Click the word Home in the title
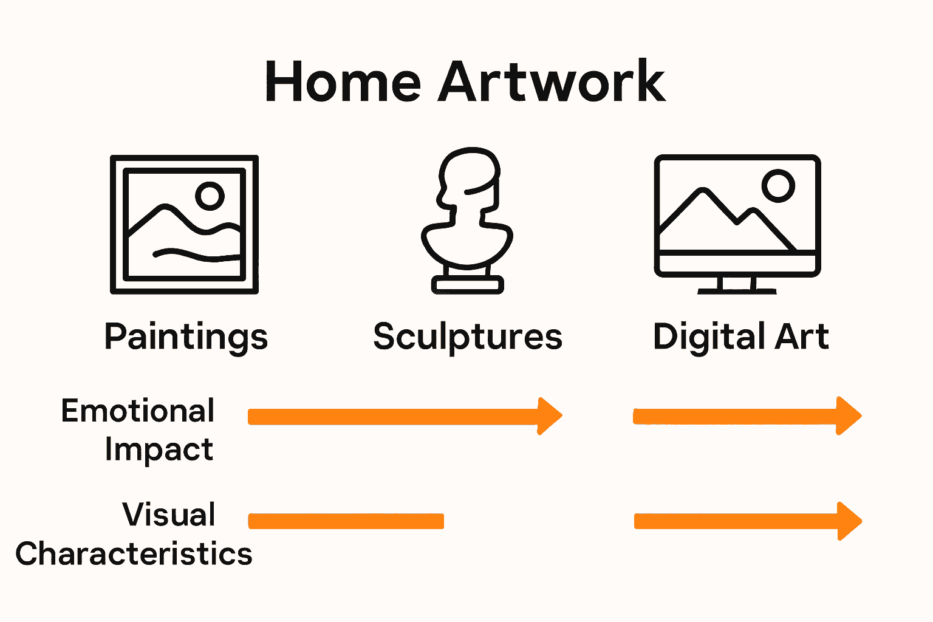pyautogui.click(x=343, y=82)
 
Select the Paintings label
pyautogui.click(x=186, y=337)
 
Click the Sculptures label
pyautogui.click(x=468, y=337)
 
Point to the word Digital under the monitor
pyautogui.click(x=705, y=337)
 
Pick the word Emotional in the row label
pyautogui.click(x=138, y=411)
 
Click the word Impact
pyautogui.click(x=159, y=450)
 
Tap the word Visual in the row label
pyautogui.click(x=169, y=515)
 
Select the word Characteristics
pyautogui.click(x=134, y=554)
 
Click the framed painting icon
pyautogui.click(x=184, y=225)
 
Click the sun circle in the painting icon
pyautogui.click(x=210, y=196)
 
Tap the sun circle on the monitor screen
pyautogui.click(x=778, y=185)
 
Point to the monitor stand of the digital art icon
pyautogui.click(x=737, y=285)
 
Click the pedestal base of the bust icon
pyautogui.click(x=468, y=284)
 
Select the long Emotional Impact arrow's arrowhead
pyautogui.click(x=549, y=416)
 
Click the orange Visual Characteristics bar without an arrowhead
pyautogui.click(x=346, y=521)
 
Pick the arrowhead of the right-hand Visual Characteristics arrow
pyautogui.click(x=849, y=521)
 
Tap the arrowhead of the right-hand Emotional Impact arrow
pyautogui.click(x=849, y=416)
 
